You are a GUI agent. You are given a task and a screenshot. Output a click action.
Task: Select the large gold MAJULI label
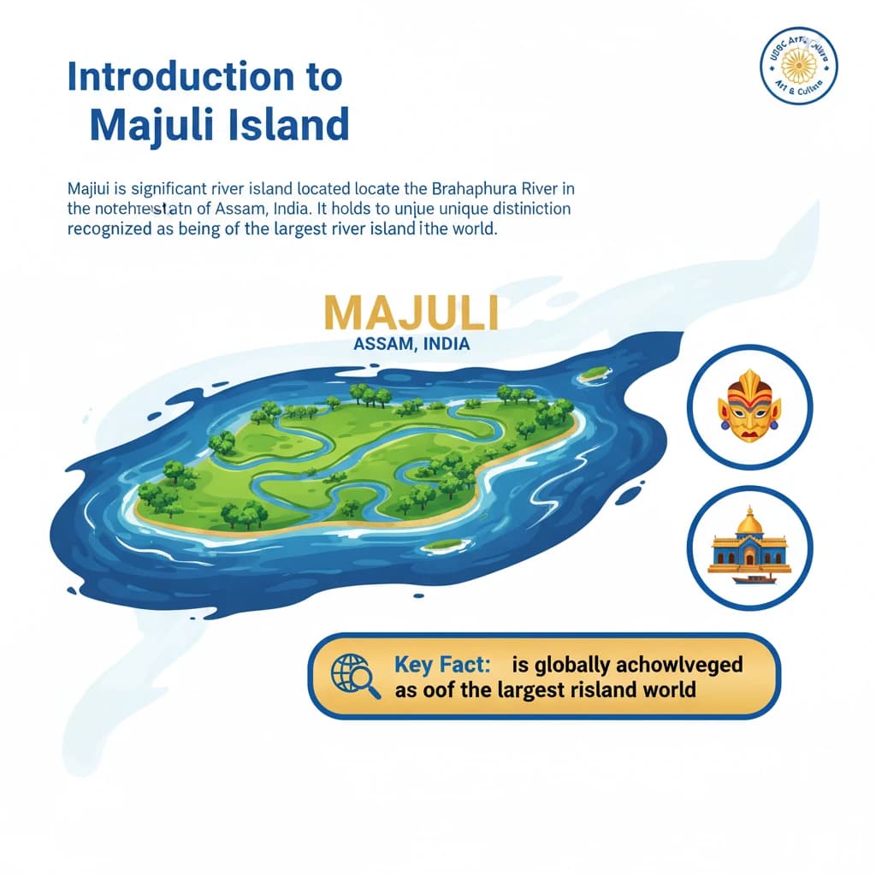tap(412, 314)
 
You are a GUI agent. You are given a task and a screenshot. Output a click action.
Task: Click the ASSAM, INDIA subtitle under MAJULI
tap(411, 344)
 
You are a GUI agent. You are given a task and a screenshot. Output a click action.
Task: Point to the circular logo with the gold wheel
tap(799, 65)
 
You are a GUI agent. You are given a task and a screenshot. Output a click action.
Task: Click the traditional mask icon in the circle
tap(749, 405)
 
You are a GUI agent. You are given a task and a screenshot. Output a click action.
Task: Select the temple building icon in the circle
tap(749, 548)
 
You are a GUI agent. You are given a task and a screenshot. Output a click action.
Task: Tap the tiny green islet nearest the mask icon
tap(594, 373)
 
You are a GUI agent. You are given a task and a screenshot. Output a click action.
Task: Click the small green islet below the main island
tap(446, 544)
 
